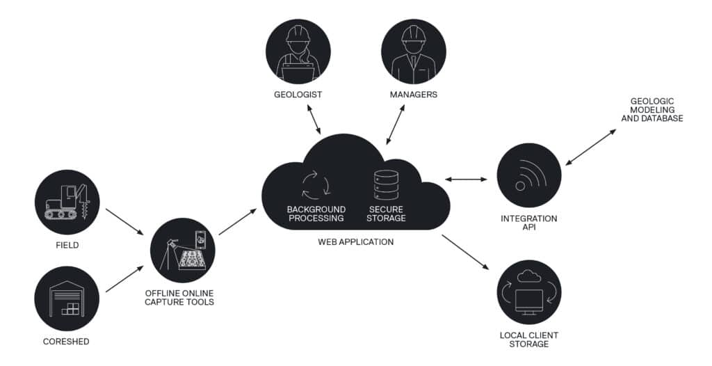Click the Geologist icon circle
pyautogui.click(x=298, y=51)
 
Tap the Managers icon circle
pyautogui.click(x=413, y=51)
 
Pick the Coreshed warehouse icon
pyautogui.click(x=67, y=297)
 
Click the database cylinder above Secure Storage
pyautogui.click(x=386, y=186)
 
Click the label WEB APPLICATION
pyautogui.click(x=355, y=242)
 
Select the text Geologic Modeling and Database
pyautogui.click(x=652, y=110)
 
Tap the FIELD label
pyautogui.click(x=67, y=246)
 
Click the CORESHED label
pyautogui.click(x=67, y=342)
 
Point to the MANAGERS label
pyautogui.click(x=413, y=95)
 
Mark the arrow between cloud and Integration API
pyautogui.click(x=466, y=180)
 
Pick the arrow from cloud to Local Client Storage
pyautogui.click(x=466, y=252)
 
